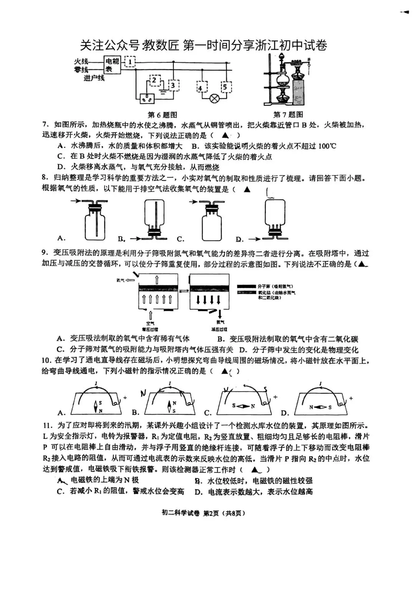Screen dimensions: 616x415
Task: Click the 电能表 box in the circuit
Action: (113, 65)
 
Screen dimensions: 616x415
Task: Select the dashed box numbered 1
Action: (131, 61)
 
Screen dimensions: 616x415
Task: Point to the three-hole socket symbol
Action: (146, 99)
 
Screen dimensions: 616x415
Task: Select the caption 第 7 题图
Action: (288, 114)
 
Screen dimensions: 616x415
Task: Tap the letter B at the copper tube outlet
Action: (309, 58)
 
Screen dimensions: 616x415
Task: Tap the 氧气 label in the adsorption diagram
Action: (120, 280)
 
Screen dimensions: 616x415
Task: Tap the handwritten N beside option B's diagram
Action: (143, 393)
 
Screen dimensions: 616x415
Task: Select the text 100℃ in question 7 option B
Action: (327, 146)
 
